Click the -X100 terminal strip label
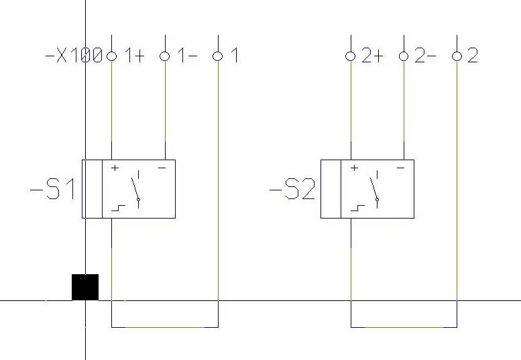[74, 56]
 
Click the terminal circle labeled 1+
[111, 56]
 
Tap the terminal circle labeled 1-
[165, 56]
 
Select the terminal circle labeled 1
[218, 56]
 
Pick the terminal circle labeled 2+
[351, 56]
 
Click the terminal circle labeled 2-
[404, 56]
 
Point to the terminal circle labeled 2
[457, 56]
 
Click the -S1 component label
[52, 189]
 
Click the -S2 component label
[292, 189]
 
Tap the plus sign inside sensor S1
[115, 168]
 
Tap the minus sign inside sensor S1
[162, 168]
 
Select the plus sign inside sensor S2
[354, 168]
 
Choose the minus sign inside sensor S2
[401, 168]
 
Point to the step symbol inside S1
[118, 208]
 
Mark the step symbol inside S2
[357, 208]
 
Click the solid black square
[85, 288]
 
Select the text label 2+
[372, 56]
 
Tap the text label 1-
[187, 56]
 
